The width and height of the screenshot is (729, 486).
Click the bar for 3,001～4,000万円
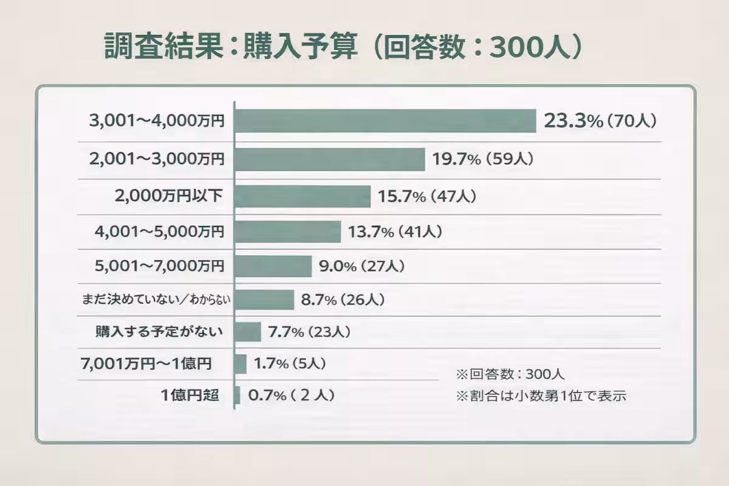385,121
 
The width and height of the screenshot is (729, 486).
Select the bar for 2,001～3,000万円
329,160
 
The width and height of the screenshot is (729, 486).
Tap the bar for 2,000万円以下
303,196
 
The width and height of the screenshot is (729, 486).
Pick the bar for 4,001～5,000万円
288,231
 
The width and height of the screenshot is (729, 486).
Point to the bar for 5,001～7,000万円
273,266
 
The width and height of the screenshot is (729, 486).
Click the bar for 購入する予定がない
248,332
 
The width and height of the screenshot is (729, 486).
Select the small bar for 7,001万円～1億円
241,364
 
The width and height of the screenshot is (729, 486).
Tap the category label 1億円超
190,395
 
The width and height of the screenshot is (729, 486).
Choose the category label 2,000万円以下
169,197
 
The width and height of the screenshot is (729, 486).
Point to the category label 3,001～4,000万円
157,121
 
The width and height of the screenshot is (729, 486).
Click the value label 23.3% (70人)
600,121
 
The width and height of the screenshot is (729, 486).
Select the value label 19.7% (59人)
483,160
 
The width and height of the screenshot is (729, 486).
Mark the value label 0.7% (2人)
292,395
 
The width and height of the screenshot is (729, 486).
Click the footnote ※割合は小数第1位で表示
541,396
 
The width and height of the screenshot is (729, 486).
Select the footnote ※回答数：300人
510,373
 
